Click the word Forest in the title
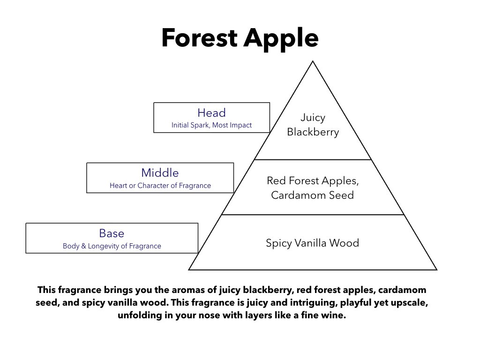tap(199, 37)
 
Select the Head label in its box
tap(211, 112)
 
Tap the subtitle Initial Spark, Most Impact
tap(211, 125)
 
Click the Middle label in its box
tap(160, 173)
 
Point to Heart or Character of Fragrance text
tap(160, 186)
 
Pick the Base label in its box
tap(112, 233)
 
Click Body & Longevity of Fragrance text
tap(112, 246)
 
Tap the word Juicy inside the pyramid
tap(313, 118)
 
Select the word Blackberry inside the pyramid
tap(313, 132)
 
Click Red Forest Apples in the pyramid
tap(312, 181)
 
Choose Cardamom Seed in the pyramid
tap(312, 195)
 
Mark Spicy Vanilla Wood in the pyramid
tap(312, 243)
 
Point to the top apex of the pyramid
tap(313, 61)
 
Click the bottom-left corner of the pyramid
tap(189, 270)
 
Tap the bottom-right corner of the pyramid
tap(436, 270)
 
